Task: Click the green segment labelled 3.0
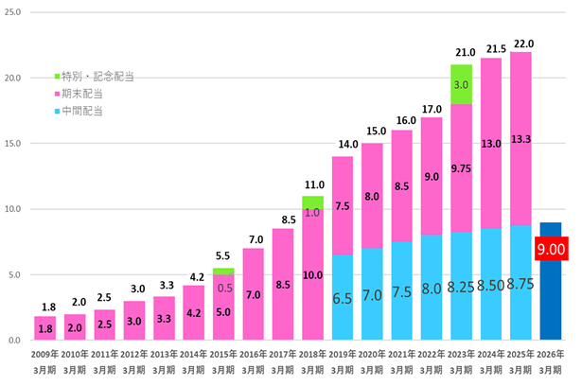pyautogui.click(x=461, y=84)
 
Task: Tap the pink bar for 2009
pyautogui.click(x=44, y=327)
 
